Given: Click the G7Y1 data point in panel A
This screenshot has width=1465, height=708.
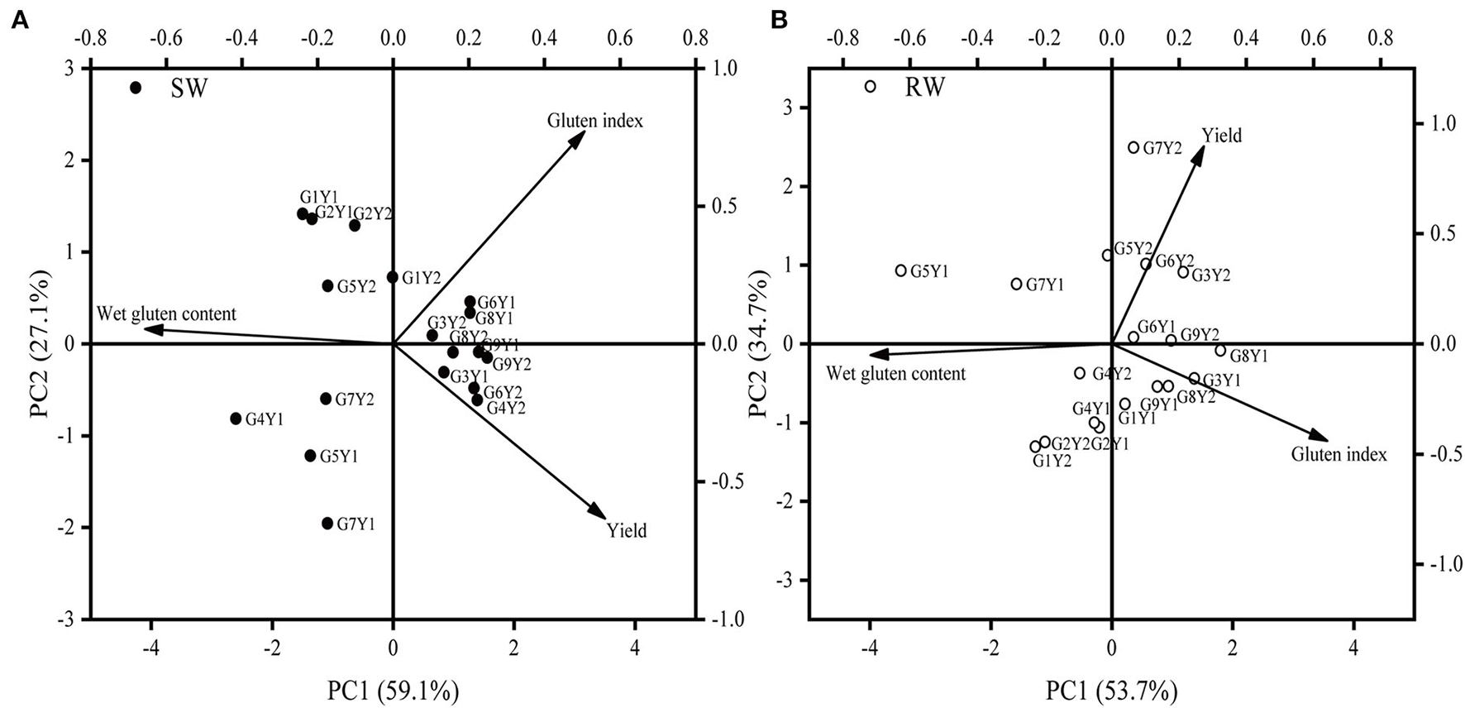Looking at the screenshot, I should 327,523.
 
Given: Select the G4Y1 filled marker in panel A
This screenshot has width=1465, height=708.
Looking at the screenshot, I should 236,419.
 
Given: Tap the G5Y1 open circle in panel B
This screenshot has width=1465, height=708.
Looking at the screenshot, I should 901,270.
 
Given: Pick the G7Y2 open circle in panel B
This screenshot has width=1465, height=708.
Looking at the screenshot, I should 1133,147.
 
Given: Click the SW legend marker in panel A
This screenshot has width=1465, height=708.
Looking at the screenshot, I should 136,88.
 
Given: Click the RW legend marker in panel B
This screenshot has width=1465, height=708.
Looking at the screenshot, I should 870,86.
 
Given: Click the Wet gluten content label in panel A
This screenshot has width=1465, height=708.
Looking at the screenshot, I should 166,314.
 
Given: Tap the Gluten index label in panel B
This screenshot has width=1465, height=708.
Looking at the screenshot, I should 1339,454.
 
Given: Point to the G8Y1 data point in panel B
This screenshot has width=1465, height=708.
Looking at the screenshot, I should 1220,351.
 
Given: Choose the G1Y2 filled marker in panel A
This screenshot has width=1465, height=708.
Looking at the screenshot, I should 393,277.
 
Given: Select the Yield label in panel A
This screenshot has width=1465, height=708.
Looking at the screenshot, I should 627,531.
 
